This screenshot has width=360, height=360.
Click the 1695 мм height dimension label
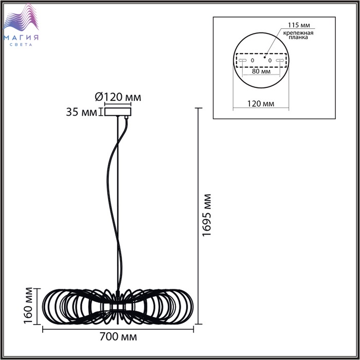pyautogui.click(x=207, y=215)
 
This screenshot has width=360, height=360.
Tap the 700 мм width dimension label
pyautogui.click(x=118, y=337)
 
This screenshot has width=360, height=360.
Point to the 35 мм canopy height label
pyautogui.click(x=81, y=112)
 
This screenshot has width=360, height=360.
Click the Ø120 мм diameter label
pyautogui.click(x=118, y=97)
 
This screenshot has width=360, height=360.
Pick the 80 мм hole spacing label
pyautogui.click(x=261, y=71)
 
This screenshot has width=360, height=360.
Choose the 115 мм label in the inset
pyautogui.click(x=299, y=25)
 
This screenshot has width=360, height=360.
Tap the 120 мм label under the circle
pyautogui.click(x=261, y=104)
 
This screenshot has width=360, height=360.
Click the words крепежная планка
pyautogui.click(x=298, y=35)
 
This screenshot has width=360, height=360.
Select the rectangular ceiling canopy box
pyautogui.click(x=118, y=112)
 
